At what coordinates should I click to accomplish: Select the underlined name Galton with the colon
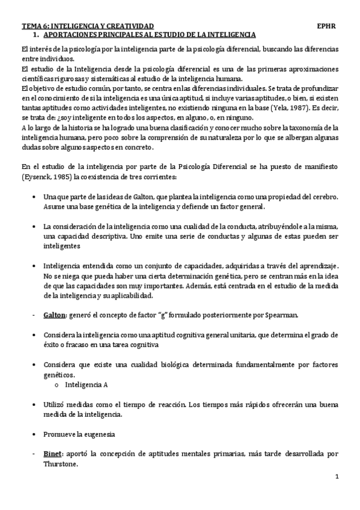58,315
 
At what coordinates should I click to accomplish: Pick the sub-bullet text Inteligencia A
85,383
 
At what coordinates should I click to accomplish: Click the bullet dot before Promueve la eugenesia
32,433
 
